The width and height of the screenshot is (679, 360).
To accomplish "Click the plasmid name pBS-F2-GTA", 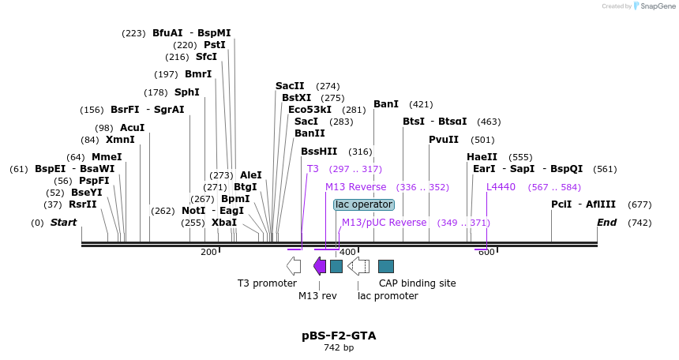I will click(x=339, y=336).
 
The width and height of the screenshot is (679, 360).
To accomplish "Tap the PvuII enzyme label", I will click(x=444, y=140).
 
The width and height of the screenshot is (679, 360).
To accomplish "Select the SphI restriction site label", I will click(x=187, y=92).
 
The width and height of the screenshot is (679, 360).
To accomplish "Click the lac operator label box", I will click(x=363, y=204).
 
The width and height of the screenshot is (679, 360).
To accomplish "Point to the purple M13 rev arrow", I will click(x=320, y=266).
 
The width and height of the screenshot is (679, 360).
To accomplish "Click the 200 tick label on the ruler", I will click(x=208, y=252).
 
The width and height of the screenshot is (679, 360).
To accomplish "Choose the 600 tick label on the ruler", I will click(x=486, y=252).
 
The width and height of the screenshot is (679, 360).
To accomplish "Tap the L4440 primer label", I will click(x=501, y=187).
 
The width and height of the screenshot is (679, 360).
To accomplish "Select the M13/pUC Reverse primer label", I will click(x=384, y=223).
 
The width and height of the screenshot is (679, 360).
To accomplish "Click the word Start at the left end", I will click(x=63, y=223).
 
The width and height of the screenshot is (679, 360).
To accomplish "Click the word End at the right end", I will click(x=606, y=223).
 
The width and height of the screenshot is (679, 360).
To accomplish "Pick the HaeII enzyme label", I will click(x=482, y=157).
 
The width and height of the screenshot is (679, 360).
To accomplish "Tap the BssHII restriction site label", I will click(x=319, y=152).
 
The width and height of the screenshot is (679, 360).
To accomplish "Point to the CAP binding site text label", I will click(x=417, y=283).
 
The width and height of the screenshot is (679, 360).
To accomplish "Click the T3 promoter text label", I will click(x=267, y=283).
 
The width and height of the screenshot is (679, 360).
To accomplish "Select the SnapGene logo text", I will click(x=655, y=6).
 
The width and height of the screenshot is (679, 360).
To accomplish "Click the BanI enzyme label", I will click(x=386, y=104).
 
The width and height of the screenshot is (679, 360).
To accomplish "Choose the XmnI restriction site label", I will click(x=120, y=140).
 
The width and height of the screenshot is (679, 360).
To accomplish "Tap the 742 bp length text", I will click(x=339, y=348).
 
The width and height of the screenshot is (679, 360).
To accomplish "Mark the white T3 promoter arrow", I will click(x=294, y=266).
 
